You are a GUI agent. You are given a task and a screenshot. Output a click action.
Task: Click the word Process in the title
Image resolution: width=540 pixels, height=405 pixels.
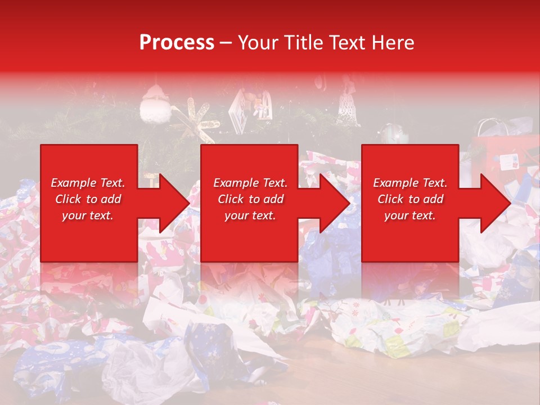(177, 43)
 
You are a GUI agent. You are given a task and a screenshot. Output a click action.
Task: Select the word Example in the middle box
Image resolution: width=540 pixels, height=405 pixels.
(233, 183)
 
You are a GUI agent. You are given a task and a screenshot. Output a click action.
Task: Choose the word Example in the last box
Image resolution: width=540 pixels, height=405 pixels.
(393, 183)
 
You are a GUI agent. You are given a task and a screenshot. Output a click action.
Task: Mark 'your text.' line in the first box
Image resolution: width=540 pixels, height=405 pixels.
(87, 215)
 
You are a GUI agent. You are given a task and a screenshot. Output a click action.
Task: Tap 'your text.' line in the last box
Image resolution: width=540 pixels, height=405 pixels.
(409, 215)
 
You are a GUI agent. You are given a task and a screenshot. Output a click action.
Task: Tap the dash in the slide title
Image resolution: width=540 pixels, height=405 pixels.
(226, 43)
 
